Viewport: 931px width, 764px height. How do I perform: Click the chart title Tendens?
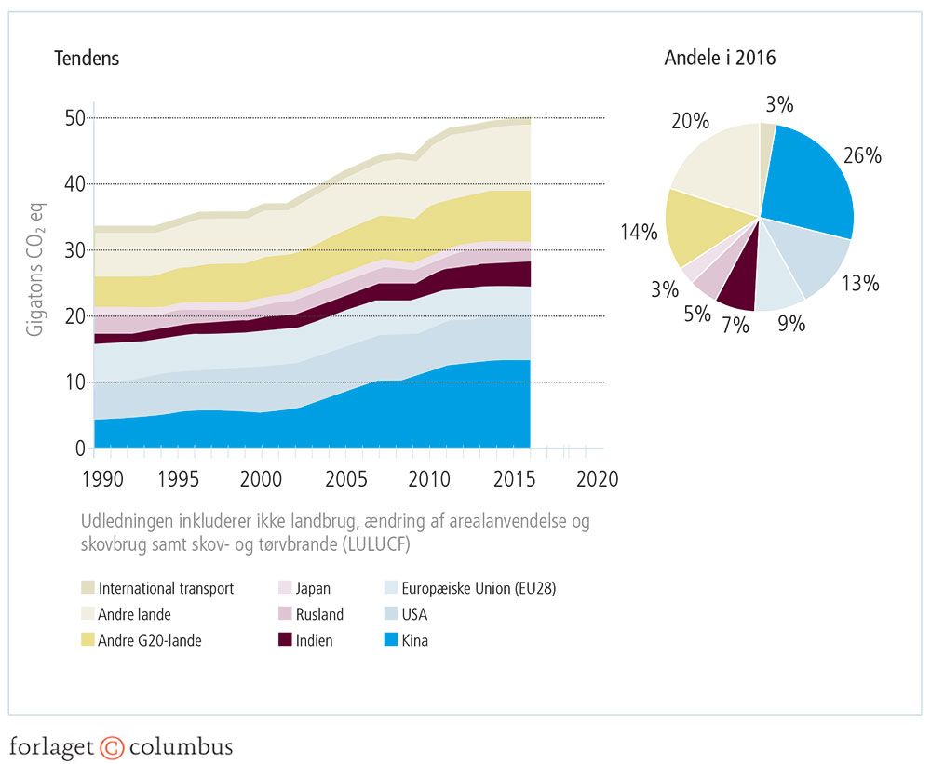(x=88, y=59)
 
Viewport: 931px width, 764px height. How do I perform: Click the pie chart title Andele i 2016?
(x=720, y=59)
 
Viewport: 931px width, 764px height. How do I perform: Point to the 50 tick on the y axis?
(x=74, y=118)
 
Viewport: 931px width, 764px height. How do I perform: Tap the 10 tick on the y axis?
(x=74, y=382)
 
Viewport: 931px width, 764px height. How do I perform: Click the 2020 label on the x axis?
(x=596, y=479)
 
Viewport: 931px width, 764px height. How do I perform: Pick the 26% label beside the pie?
(x=862, y=156)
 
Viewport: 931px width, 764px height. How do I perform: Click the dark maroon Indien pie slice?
(x=738, y=290)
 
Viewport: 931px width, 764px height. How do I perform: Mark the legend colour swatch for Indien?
(x=286, y=640)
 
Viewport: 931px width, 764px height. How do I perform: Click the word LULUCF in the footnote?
(x=380, y=543)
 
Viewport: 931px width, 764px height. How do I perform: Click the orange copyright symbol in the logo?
(x=112, y=747)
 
